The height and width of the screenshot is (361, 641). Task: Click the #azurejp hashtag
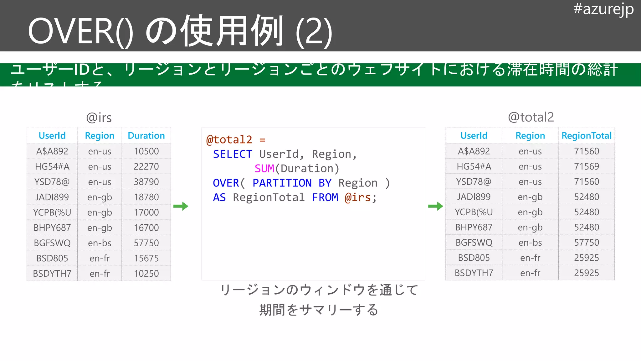[603, 9]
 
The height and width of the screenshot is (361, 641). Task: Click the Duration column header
[146, 136]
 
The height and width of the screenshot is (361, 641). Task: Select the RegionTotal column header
[586, 136]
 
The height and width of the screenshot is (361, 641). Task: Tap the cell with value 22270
[146, 166]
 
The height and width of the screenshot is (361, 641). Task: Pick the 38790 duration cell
[146, 182]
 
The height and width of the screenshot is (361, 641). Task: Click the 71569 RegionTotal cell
[586, 166]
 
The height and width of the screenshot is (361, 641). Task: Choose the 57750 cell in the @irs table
[146, 243]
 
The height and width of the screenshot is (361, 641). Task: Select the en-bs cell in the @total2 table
[530, 243]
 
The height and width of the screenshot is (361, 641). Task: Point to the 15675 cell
[146, 258]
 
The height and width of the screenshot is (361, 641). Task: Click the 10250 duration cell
[146, 274]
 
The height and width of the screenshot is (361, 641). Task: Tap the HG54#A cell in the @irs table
[52, 166]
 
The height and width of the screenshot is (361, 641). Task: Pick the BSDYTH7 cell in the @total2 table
[474, 273]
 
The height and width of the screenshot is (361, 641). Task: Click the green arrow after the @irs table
[181, 206]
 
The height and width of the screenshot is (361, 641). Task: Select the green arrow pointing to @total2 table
[435, 206]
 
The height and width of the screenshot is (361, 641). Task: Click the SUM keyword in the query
[264, 169]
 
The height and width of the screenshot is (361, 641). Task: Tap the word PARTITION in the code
[282, 183]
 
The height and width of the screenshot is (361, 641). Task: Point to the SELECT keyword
[232, 154]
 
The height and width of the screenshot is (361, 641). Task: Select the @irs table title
[99, 118]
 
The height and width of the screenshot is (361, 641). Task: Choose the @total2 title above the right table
[531, 117]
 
